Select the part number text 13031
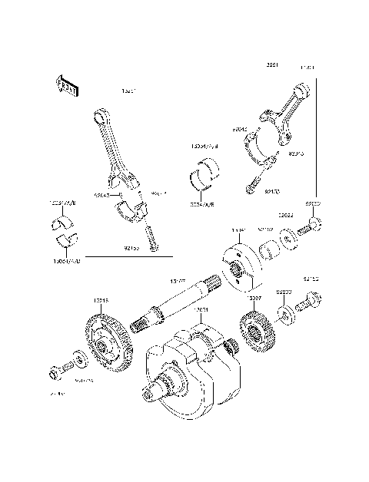coord(202,310)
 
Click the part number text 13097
coord(255,296)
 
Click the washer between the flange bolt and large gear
coord(79,360)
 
